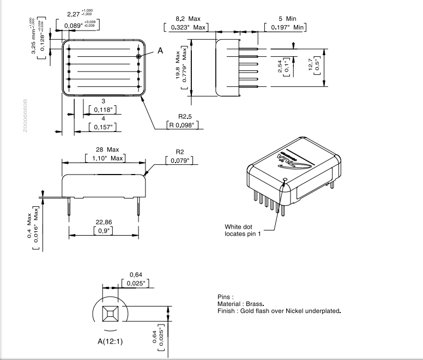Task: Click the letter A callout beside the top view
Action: pos(160,51)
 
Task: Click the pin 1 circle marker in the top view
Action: pos(138,56)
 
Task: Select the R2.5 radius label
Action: pos(186,116)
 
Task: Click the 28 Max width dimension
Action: pos(105,149)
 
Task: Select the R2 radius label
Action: pos(181,152)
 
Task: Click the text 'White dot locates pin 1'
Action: pos(243,230)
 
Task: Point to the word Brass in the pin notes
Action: pos(254,304)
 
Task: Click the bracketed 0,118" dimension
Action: pos(102,110)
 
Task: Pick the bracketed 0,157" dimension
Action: pos(103,127)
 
